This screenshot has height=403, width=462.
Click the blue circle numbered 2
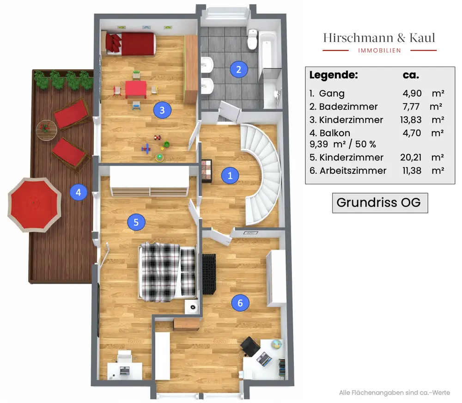point(239,69)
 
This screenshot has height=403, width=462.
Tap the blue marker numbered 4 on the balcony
point(79,192)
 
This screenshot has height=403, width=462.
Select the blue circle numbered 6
point(240,303)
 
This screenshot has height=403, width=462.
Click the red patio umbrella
point(35,205)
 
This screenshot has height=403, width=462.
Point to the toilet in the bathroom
point(252,39)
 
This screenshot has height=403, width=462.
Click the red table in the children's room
point(136,89)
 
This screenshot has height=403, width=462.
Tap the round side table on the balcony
point(47,130)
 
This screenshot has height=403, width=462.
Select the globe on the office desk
point(277,344)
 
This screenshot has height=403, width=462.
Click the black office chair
point(250,346)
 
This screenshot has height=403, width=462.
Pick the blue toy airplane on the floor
point(146,148)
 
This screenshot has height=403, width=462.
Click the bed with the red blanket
point(131,44)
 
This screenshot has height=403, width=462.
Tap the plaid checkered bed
point(167,272)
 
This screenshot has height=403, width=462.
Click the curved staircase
point(261,174)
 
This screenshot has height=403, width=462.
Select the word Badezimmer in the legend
point(348,106)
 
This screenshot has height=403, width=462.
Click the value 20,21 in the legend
point(411,158)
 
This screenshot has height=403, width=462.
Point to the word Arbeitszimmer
point(353,171)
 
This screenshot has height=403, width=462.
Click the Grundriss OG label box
point(380,203)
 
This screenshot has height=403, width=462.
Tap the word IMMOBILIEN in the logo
point(379,50)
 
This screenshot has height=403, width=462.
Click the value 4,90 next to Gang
point(412,93)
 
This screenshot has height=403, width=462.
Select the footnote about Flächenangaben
point(395,393)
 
